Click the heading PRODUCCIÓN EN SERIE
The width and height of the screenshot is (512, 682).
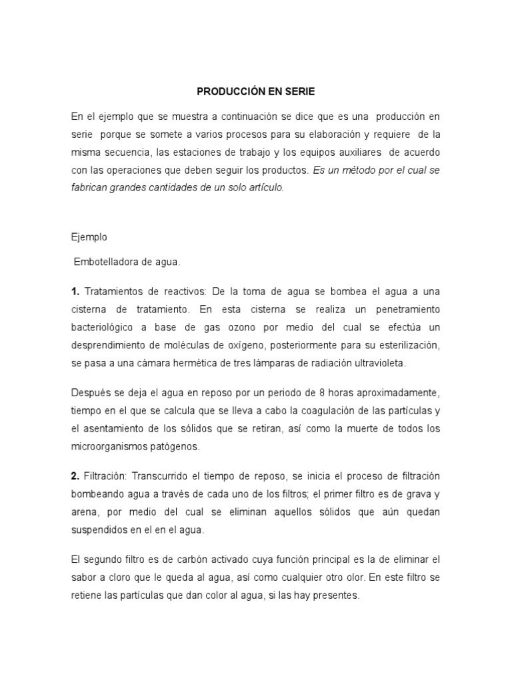pyautogui.click(x=255, y=91)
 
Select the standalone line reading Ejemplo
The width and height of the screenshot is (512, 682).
pyautogui.click(x=88, y=236)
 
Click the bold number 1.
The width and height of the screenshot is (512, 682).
pyautogui.click(x=75, y=292)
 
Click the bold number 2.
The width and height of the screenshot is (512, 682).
pyautogui.click(x=75, y=476)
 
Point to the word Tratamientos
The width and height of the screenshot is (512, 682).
pyautogui.click(x=116, y=292)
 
